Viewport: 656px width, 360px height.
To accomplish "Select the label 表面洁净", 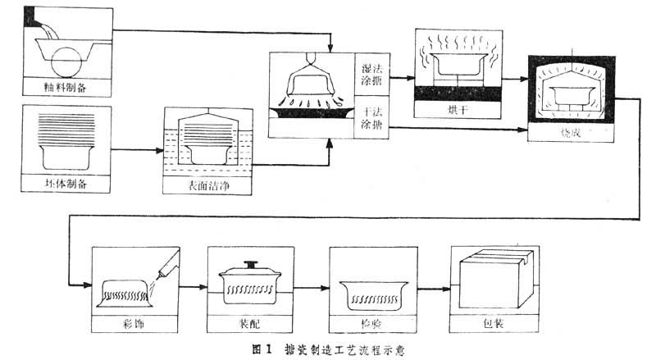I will click(207, 186).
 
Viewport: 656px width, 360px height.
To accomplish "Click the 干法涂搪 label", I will click(371, 117).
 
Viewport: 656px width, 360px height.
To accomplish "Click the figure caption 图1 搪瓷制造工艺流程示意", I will click(328, 349).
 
